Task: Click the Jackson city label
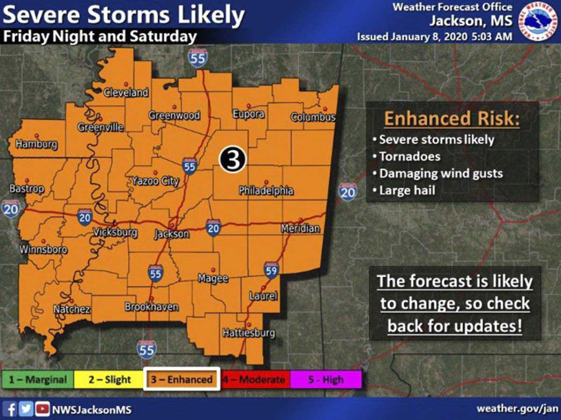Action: click(x=172, y=234)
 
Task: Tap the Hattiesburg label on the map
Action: click(x=248, y=333)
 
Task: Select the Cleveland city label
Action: click(x=126, y=93)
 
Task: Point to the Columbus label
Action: click(x=313, y=117)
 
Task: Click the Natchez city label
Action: click(x=72, y=309)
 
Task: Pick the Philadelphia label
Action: click(x=266, y=191)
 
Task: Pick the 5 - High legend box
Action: click(x=326, y=379)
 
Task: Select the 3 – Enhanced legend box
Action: click(x=181, y=379)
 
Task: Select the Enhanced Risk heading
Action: click(x=451, y=119)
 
